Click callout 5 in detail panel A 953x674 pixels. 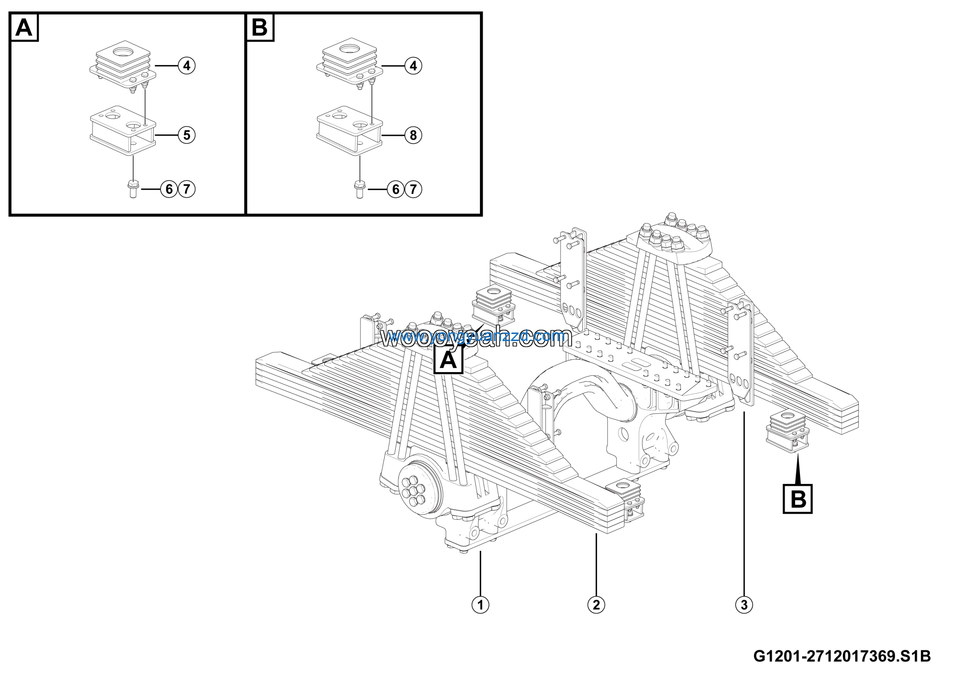coord(187,135)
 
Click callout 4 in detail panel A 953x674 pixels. coord(187,66)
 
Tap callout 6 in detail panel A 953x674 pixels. coord(169,189)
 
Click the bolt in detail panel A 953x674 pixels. coord(133,189)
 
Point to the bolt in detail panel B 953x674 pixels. coord(360,189)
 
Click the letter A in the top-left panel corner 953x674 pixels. coord(24,28)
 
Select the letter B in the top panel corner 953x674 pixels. coord(260,28)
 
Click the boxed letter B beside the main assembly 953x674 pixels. coord(797,499)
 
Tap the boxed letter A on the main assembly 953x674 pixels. coord(448,359)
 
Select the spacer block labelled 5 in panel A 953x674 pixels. coord(123,130)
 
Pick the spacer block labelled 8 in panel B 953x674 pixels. coord(350,130)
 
